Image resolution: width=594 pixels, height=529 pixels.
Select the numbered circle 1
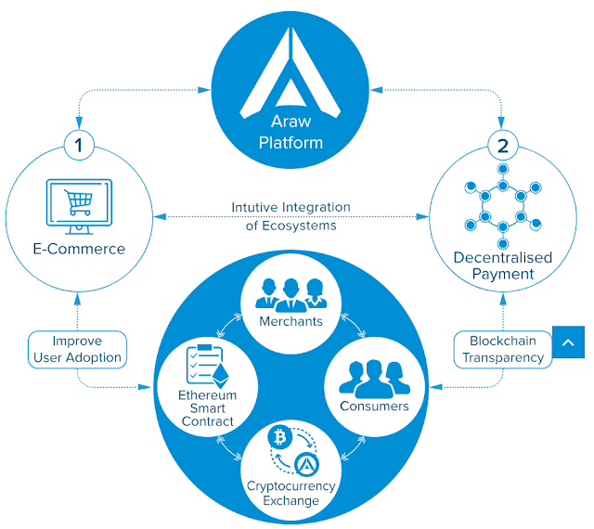point(79,146)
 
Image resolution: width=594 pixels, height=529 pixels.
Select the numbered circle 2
point(502,146)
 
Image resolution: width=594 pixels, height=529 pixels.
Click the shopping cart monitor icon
point(78,206)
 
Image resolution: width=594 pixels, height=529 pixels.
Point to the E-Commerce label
point(78,249)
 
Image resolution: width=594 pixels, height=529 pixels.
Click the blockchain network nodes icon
point(502,203)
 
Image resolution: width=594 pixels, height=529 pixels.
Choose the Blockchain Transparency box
point(502,348)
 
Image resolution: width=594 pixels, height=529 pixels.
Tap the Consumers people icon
point(374,376)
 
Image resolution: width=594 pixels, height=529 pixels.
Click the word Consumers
point(374,406)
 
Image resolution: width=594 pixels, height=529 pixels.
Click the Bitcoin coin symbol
point(278,436)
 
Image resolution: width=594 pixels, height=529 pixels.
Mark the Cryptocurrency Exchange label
point(291,494)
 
